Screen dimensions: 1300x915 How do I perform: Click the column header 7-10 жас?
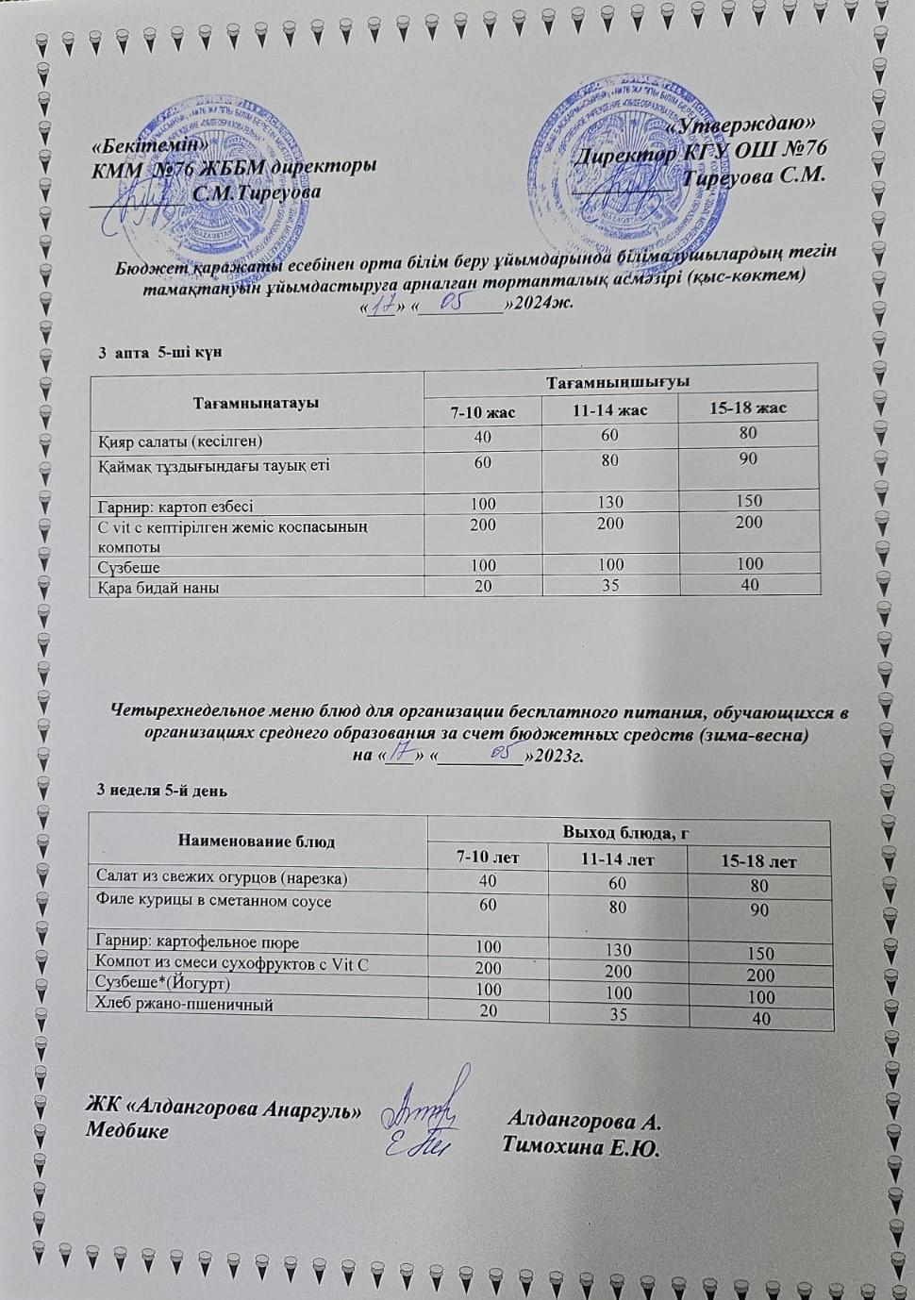click(483, 411)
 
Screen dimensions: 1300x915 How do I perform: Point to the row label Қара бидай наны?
click(158, 587)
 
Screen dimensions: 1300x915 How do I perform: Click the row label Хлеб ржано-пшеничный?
click(185, 1005)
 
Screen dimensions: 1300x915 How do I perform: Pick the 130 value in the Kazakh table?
click(610, 502)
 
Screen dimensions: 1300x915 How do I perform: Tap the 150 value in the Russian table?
click(759, 954)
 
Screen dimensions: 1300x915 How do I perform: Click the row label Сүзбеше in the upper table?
click(129, 567)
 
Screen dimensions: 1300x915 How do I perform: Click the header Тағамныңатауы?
click(256, 403)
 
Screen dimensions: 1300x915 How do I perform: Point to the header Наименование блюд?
click(256, 841)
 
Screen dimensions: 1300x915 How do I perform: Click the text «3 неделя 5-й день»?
click(162, 791)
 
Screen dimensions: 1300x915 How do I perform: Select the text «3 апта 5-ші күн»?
click(160, 352)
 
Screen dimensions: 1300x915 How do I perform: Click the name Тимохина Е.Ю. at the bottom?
click(581, 1148)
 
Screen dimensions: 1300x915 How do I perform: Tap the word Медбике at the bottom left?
click(127, 1130)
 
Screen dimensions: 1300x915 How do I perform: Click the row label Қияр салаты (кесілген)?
click(180, 441)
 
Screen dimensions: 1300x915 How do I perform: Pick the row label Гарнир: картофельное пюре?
click(198, 942)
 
